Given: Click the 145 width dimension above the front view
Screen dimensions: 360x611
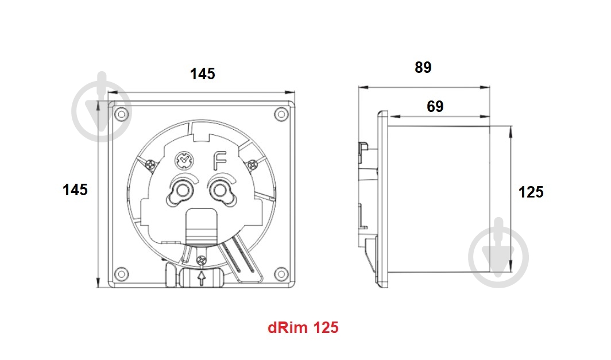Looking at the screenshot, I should coord(203,74).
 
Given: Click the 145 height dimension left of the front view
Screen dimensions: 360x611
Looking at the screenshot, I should coord(75,190).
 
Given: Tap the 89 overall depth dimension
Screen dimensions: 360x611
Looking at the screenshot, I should coord(423,68).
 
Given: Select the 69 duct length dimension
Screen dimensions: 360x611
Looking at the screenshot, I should coord(435,106).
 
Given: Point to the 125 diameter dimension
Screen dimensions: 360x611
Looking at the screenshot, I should coord(531,192).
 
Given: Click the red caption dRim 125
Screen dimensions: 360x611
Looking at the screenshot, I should coord(303,328).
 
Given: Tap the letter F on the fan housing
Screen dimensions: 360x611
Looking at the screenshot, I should coord(219,159).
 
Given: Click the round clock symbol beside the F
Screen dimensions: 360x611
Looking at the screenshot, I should coord(183,160).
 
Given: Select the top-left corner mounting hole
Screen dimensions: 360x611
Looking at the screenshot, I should coord(121,114).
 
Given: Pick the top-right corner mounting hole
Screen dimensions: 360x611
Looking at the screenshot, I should coord(280,114).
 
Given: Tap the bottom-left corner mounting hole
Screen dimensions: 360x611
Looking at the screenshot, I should coord(121,272).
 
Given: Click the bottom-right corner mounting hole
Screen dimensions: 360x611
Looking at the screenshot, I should coord(280,272).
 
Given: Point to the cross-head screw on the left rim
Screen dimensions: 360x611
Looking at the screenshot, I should coord(150,165).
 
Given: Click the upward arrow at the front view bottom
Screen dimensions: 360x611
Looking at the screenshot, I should coord(201,279).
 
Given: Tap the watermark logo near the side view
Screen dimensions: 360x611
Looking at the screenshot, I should coord(498,253).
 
